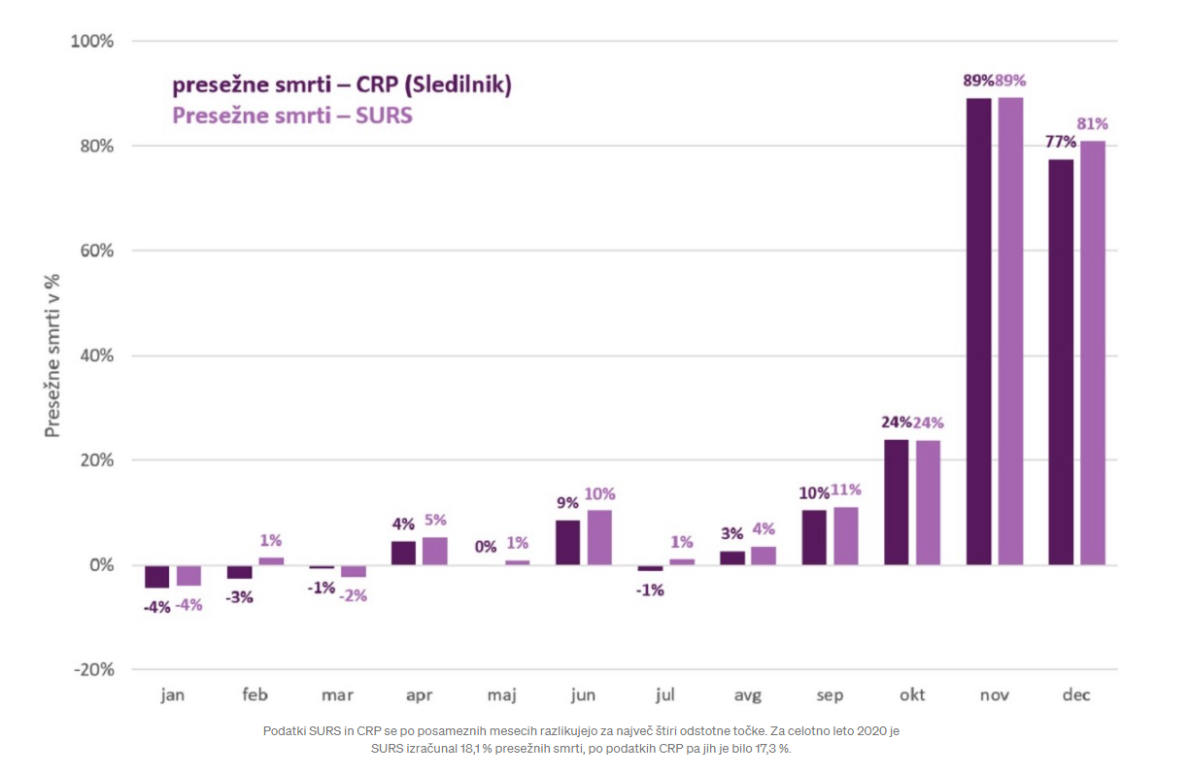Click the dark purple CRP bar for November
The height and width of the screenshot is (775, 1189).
pyautogui.click(x=979, y=330)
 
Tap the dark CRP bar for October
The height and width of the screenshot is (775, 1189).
pyautogui.click(x=897, y=502)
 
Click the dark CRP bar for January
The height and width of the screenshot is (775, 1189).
pyautogui.click(x=156, y=577)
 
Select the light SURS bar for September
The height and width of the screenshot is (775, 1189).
pyautogui.click(x=846, y=535)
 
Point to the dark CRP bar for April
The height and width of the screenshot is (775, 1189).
pyautogui.click(x=403, y=553)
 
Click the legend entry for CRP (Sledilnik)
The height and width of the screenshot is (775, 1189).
pyautogui.click(x=342, y=85)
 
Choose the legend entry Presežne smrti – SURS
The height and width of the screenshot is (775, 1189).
pyautogui.click(x=292, y=116)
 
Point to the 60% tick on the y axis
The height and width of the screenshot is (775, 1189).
pyautogui.click(x=94, y=251)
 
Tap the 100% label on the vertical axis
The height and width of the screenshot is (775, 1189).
pyautogui.click(x=91, y=42)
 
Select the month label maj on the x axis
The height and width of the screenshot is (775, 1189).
pyautogui.click(x=501, y=695)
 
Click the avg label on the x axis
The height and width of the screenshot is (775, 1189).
pyautogui.click(x=748, y=695)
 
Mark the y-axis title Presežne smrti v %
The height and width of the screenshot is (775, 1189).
pyautogui.click(x=52, y=354)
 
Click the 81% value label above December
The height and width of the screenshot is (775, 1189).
pyautogui.click(x=1093, y=124)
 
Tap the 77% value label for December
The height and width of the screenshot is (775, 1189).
pyautogui.click(x=1061, y=142)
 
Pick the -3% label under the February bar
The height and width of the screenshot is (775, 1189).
pyautogui.click(x=239, y=597)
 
